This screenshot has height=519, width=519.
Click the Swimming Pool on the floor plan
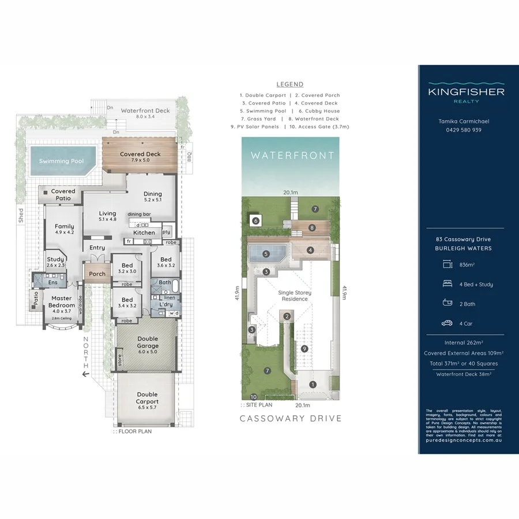[61, 161]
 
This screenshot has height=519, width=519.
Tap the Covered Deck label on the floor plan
[140, 154]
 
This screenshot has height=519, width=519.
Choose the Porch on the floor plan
[97, 273]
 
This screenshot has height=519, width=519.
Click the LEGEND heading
[289, 84]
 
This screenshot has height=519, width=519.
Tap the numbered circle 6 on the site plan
[255, 220]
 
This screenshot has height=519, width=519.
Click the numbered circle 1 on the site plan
[313, 384]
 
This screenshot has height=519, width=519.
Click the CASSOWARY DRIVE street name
[291, 418]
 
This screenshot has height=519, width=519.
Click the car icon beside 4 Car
[447, 323]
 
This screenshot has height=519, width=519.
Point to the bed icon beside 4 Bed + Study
[447, 284]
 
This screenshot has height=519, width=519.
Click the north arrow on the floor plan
[86, 374]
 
